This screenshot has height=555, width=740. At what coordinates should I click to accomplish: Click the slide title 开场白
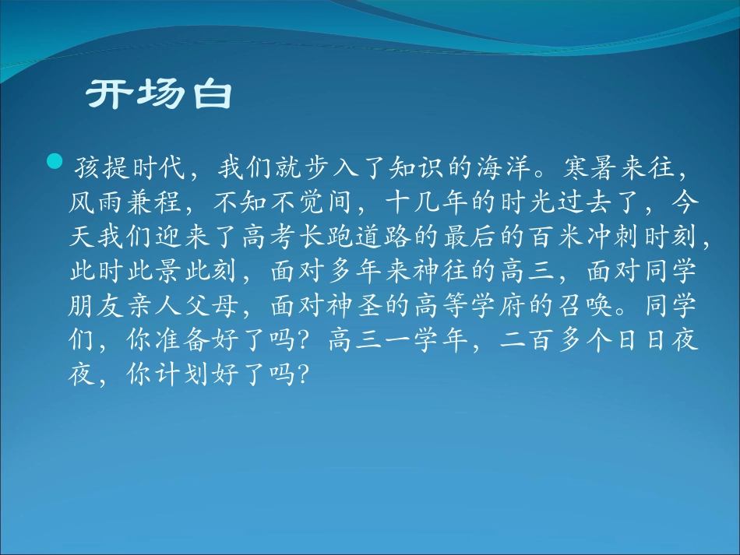[160, 95]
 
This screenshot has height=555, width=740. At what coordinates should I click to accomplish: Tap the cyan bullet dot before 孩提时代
[54, 162]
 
